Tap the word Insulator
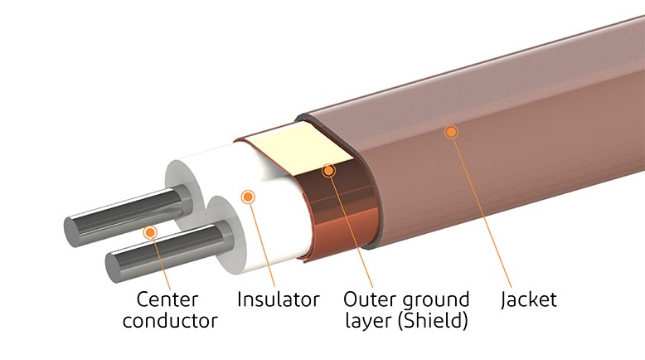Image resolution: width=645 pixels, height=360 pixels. click(278, 299)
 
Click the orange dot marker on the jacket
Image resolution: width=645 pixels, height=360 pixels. click(450, 131)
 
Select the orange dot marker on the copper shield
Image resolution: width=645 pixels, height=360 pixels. click(328, 171)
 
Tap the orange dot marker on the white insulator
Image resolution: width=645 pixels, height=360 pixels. click(245, 197)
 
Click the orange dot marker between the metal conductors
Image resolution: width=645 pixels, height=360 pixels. click(149, 231)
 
